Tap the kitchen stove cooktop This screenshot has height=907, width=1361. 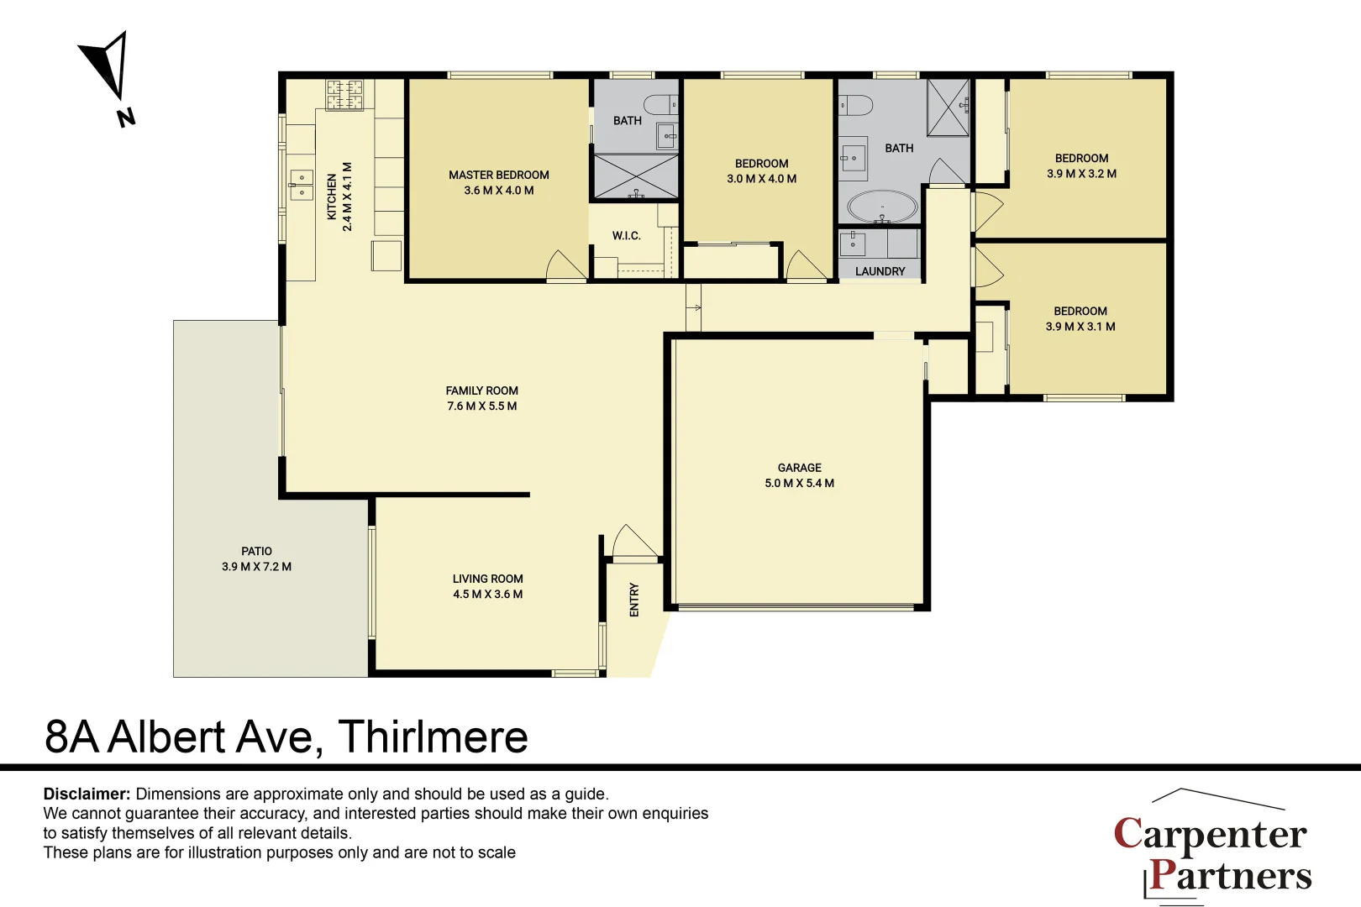click(344, 95)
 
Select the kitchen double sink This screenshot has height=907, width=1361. click(302, 186)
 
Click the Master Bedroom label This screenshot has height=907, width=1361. click(498, 175)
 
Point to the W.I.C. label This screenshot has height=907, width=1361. click(626, 236)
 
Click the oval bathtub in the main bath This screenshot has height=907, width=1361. click(882, 207)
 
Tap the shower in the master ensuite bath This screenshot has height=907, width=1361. click(636, 176)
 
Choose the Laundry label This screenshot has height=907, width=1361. click(880, 271)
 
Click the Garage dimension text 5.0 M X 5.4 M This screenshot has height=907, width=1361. click(799, 483)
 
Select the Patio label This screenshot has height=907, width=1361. click(256, 551)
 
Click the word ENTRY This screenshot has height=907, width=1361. click(634, 600)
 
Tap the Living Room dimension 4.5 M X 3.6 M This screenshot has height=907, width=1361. click(487, 594)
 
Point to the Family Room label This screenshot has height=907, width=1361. click(481, 391)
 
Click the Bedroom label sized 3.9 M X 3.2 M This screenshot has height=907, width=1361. click(1081, 158)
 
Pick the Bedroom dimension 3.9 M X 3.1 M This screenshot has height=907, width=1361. click(1080, 327)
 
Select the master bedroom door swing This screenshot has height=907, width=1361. click(565, 267)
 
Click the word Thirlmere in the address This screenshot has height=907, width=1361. click(433, 737)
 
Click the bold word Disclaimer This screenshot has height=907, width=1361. click(87, 794)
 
